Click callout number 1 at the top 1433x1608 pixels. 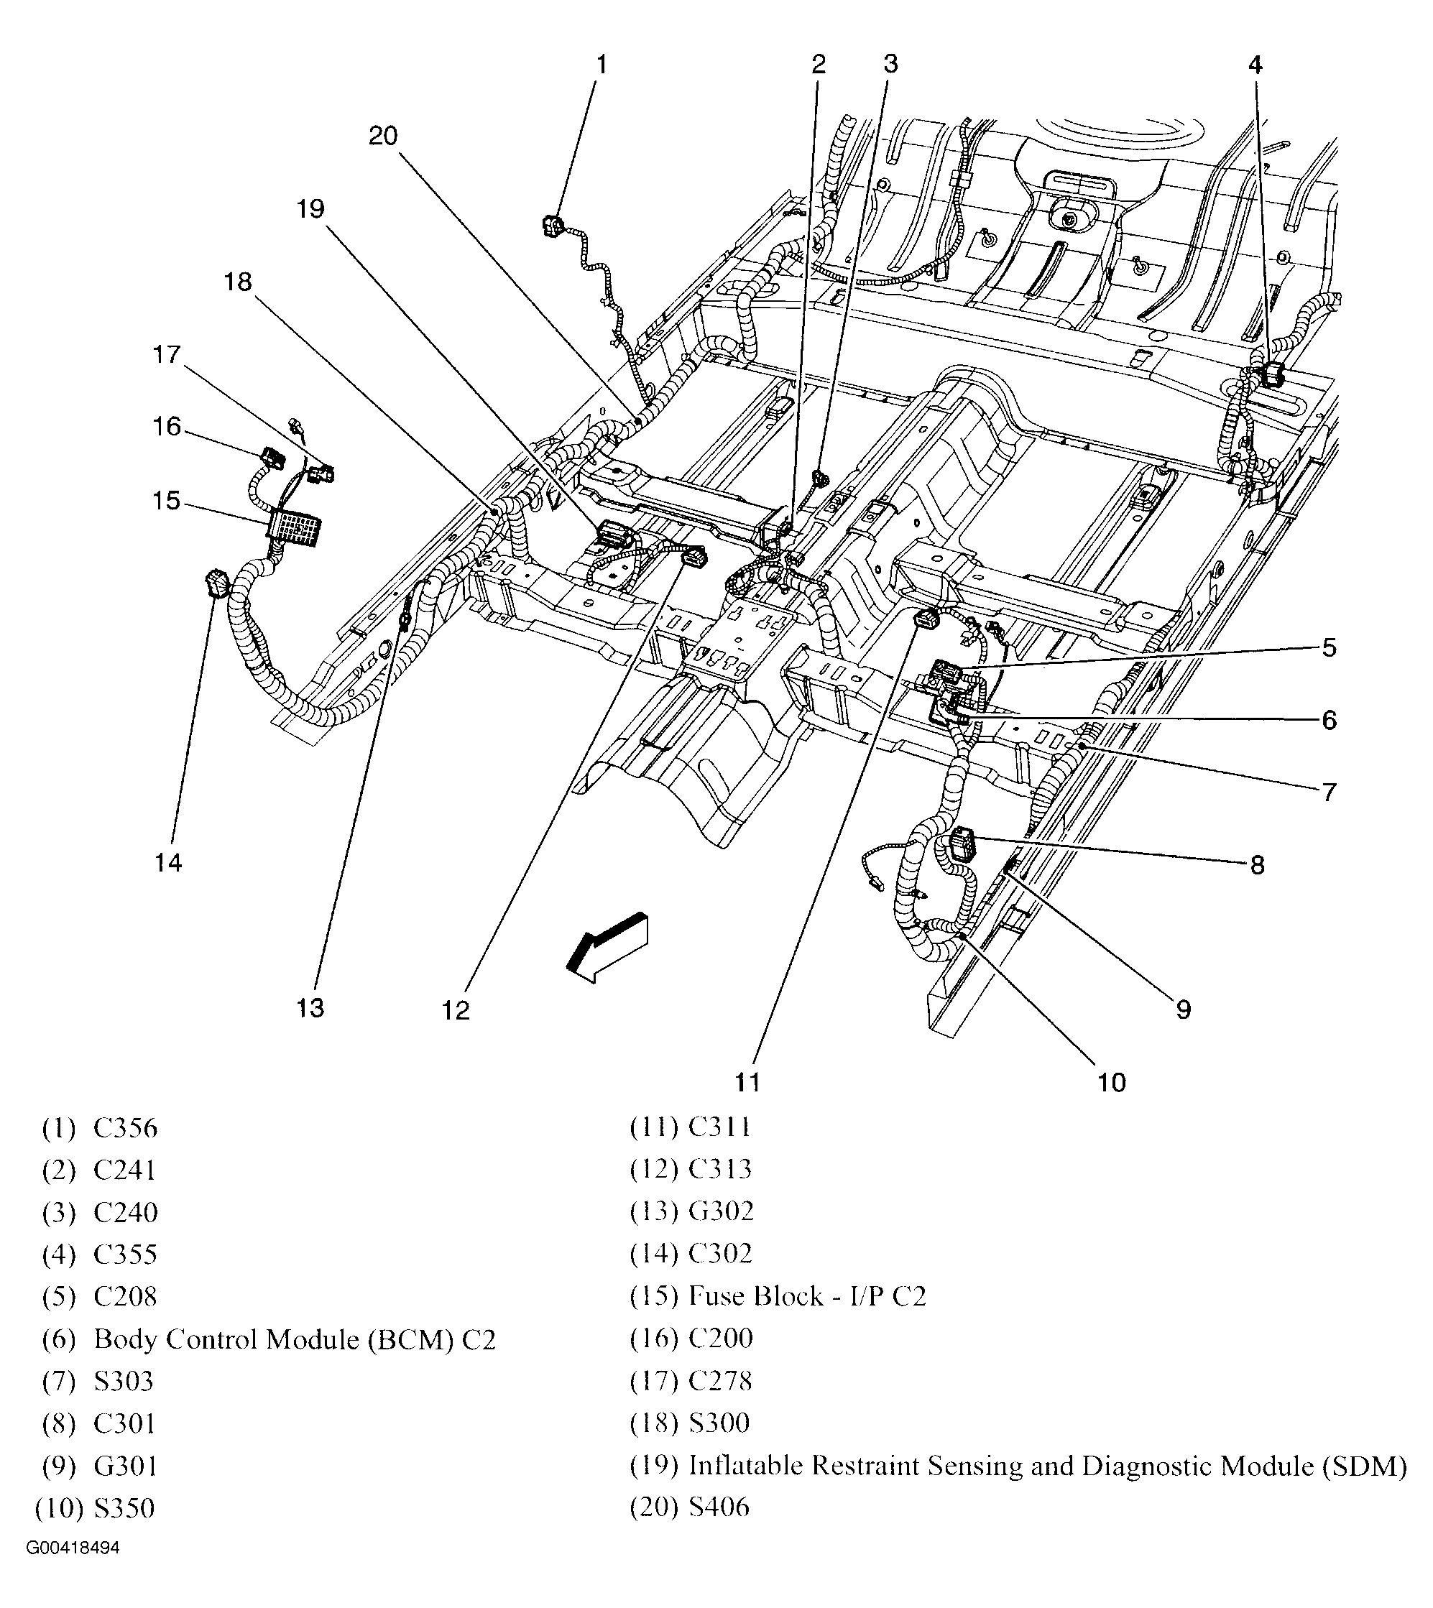(x=602, y=65)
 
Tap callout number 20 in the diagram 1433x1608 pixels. (x=384, y=137)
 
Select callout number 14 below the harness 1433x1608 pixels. (x=167, y=863)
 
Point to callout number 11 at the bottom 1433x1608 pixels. (x=747, y=1083)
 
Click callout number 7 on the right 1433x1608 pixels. (x=1329, y=792)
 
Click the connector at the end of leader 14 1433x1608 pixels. (x=216, y=585)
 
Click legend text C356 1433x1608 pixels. (x=125, y=1128)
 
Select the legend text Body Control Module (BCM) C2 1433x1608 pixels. (x=295, y=1339)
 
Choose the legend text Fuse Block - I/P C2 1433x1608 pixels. (x=807, y=1296)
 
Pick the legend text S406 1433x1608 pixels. (x=719, y=1507)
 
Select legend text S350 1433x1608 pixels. (x=124, y=1508)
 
